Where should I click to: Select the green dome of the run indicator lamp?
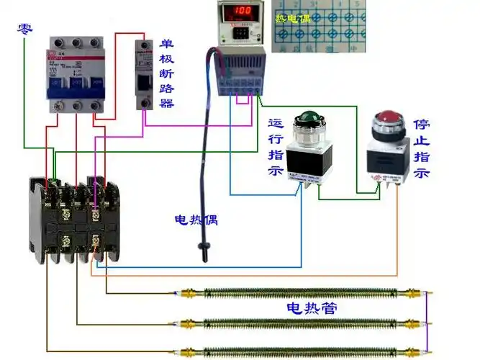[309, 119]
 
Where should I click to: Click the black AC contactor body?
[72, 216]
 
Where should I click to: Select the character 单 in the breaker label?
[166, 44]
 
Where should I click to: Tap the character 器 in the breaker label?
[166, 103]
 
